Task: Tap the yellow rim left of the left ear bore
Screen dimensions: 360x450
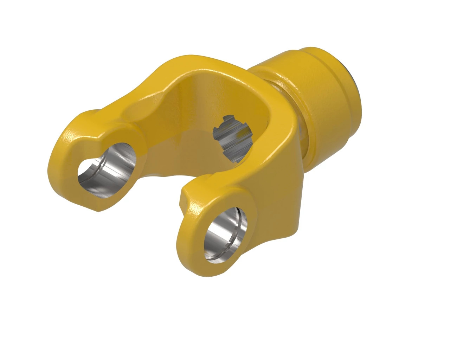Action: click(67, 165)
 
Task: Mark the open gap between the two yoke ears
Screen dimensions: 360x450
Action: click(158, 197)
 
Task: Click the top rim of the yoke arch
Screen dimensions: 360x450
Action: click(197, 62)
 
